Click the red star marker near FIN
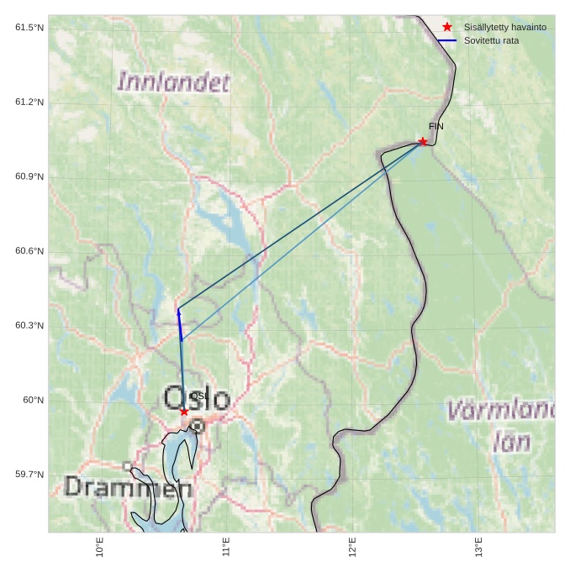tap(422, 141)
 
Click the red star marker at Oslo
tap(184, 412)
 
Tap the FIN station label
tap(435, 127)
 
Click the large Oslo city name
tap(197, 398)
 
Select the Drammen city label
tap(128, 487)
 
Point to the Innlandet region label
tap(173, 82)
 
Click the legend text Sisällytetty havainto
tap(504, 27)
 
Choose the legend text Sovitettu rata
tap(491, 40)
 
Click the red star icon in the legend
tap(447, 27)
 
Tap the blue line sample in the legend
tap(447, 40)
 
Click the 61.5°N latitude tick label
tap(29, 28)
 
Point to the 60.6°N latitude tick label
tap(29, 251)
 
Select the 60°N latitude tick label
tap(33, 400)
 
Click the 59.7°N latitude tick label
tap(29, 475)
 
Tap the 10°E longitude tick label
tap(100, 547)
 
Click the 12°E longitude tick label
tap(352, 547)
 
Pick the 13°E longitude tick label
tap(478, 547)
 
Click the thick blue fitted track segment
tap(180, 325)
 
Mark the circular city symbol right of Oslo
tap(198, 426)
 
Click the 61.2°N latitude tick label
tap(29, 102)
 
